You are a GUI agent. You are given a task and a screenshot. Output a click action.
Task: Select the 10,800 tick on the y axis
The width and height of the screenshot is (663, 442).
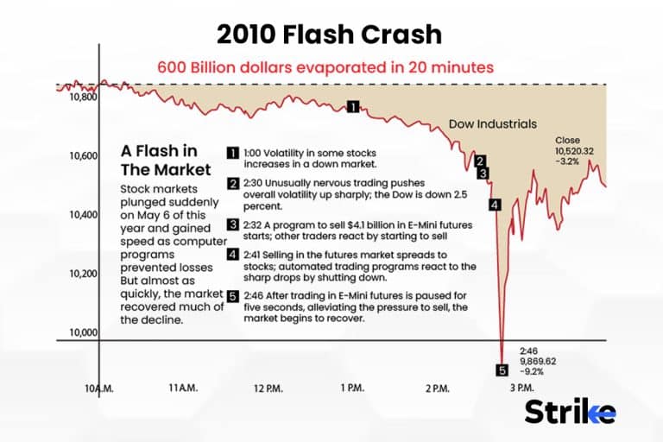[x=75, y=97]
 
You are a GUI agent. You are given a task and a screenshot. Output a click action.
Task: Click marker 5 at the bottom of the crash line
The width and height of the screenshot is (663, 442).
[x=502, y=370]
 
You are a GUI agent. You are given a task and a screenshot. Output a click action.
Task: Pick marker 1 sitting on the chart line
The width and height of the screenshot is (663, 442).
[x=352, y=106]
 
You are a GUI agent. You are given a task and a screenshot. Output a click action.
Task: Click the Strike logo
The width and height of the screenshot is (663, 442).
[x=570, y=411]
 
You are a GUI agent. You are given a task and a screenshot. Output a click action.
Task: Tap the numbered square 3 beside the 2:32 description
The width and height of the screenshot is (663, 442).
[x=233, y=225]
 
